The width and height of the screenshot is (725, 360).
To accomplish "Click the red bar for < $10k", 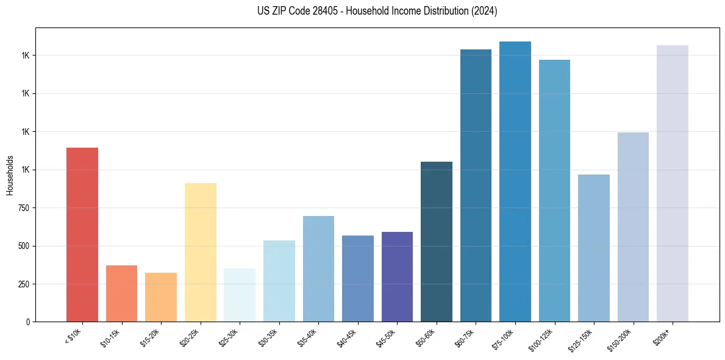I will pos(82,234).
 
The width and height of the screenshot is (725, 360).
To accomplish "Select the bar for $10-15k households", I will pos(121,293).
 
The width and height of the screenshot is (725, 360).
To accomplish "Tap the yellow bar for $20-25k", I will pos(200,252).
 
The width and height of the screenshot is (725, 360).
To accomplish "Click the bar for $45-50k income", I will pos(397,276).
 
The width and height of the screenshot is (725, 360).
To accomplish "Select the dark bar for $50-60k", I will pos(437,242).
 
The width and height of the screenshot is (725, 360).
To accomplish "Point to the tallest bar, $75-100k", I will pos(515,181).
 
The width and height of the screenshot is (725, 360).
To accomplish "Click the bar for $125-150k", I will pos(594,248).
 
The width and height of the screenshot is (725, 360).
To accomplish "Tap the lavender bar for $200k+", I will pos(673,183).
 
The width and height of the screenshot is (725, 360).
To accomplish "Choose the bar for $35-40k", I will pos(318,268).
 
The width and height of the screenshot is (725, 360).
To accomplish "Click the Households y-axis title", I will pos(10,175).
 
